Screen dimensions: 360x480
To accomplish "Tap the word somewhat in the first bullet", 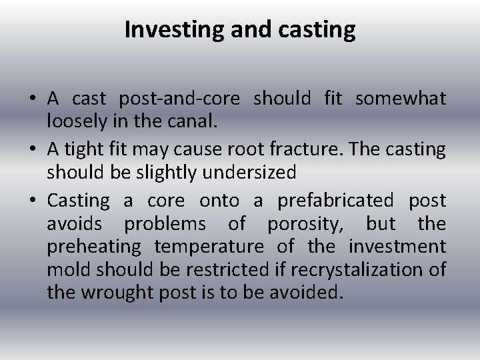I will [400, 99].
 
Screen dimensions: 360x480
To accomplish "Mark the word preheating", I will [94, 247].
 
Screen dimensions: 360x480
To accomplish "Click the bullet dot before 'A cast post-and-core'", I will [33, 99].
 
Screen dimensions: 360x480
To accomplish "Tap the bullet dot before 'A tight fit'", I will [33, 149].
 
